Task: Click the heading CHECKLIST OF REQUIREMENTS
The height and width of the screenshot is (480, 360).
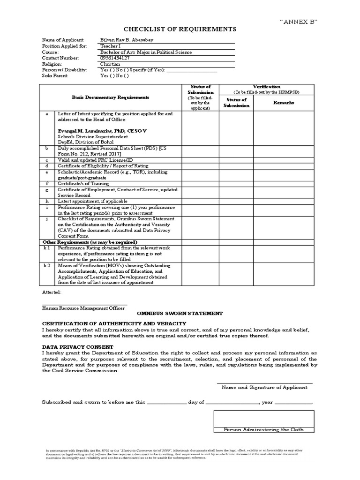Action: click(x=180, y=29)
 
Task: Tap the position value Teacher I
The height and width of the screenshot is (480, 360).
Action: click(x=110, y=46)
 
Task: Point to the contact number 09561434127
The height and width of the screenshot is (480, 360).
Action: click(x=115, y=58)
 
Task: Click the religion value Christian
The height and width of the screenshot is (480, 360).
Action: click(x=110, y=64)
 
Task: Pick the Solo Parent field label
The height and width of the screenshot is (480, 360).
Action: click(x=55, y=75)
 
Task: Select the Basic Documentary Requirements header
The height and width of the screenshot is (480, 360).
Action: click(x=110, y=97)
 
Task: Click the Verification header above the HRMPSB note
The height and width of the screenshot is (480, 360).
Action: click(x=267, y=87)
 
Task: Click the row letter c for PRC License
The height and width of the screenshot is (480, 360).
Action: click(x=46, y=160)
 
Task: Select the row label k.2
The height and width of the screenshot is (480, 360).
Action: click(x=47, y=265)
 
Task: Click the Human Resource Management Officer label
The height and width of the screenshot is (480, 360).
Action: click(x=83, y=308)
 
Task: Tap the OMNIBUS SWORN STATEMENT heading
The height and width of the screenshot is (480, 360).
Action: click(x=180, y=313)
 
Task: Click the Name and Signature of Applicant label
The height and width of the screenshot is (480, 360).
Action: click(x=264, y=387)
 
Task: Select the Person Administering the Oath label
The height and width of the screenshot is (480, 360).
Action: click(x=263, y=429)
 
